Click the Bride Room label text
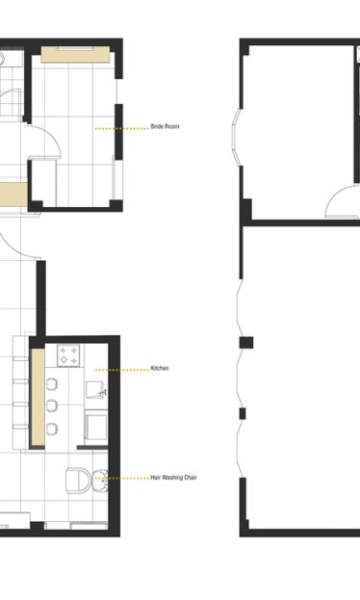coord(165,126)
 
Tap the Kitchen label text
coord(160,368)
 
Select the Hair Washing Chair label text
coord(173,478)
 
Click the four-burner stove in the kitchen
coord(68,355)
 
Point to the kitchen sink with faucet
coord(95,390)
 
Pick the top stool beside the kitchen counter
coord(52,384)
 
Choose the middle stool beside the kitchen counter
coord(52,406)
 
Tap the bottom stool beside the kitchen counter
coord(52,429)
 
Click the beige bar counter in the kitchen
coord(38,397)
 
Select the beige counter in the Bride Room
coord(75,54)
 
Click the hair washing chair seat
coord(78,480)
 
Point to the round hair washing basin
coord(99,480)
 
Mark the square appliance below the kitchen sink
coord(95,427)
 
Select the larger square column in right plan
coord(246,343)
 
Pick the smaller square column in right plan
coord(243,413)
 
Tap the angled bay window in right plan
coord(235,137)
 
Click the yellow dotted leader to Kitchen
coord(121,370)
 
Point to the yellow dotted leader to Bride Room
coord(121,129)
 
